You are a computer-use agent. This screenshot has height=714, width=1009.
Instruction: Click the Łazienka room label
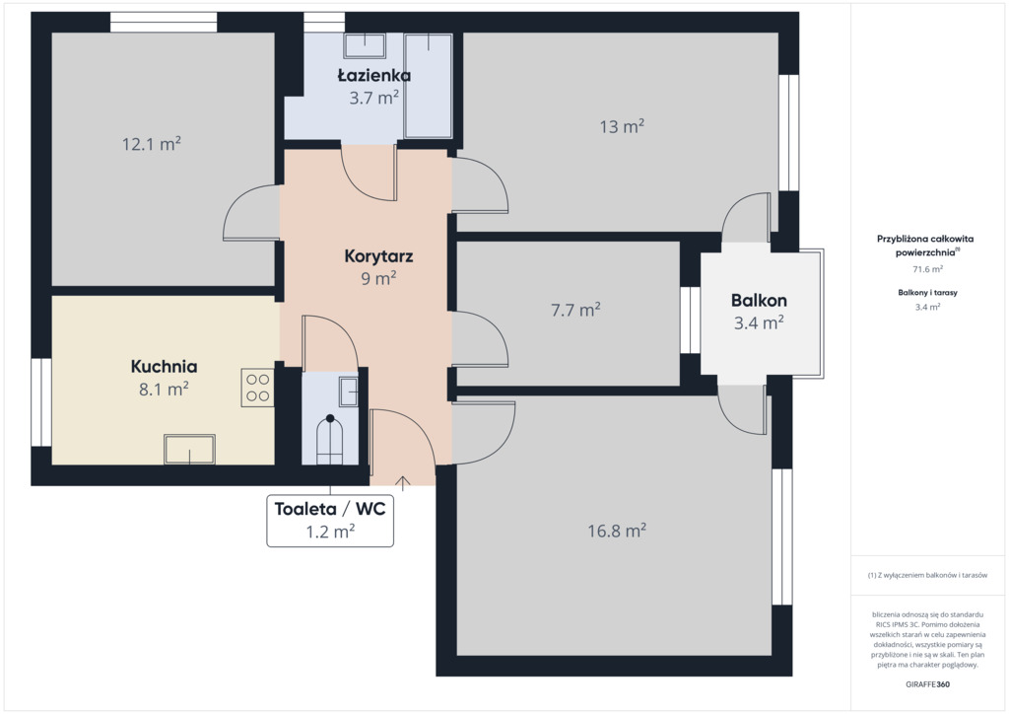point(373,75)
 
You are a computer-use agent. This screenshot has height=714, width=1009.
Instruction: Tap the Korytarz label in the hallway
point(378,256)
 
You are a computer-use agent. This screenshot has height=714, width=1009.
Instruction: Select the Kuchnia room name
point(165,366)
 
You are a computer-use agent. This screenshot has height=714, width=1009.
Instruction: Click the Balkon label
point(759,301)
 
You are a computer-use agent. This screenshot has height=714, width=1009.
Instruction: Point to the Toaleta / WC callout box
point(330,520)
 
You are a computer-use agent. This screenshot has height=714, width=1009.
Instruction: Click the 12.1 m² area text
point(151,144)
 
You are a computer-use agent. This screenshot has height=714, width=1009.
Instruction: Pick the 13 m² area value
point(622,126)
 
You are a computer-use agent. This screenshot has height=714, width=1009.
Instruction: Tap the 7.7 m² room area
point(575,310)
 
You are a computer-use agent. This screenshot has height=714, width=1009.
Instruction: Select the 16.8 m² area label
point(617,531)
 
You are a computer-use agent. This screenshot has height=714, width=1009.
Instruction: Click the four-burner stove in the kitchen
point(257,388)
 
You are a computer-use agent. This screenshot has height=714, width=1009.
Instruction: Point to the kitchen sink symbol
point(189,449)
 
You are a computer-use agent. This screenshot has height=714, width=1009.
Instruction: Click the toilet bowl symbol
point(329,440)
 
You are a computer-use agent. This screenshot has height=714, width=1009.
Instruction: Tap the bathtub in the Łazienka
point(428,86)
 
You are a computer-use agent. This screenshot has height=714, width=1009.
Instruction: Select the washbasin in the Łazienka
point(365,45)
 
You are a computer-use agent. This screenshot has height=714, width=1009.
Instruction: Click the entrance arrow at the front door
point(403,483)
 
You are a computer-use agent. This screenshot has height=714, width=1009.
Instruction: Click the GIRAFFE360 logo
point(927,684)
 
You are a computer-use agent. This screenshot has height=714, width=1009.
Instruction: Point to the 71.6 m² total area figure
point(927,269)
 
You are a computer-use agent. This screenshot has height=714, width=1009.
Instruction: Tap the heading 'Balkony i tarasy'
point(927,292)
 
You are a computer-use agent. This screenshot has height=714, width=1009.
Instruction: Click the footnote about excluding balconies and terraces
point(927,575)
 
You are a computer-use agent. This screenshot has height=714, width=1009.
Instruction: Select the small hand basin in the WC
point(349,392)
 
